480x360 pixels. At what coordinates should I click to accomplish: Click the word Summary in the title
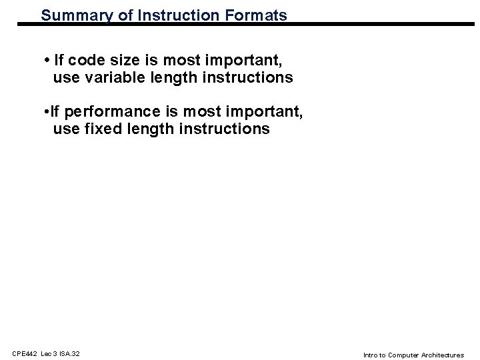(71, 14)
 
